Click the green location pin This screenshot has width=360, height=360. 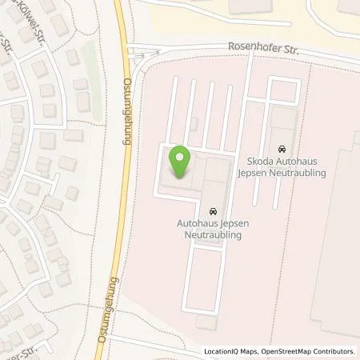point(180,162)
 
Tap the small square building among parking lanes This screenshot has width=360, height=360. point(193,123)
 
